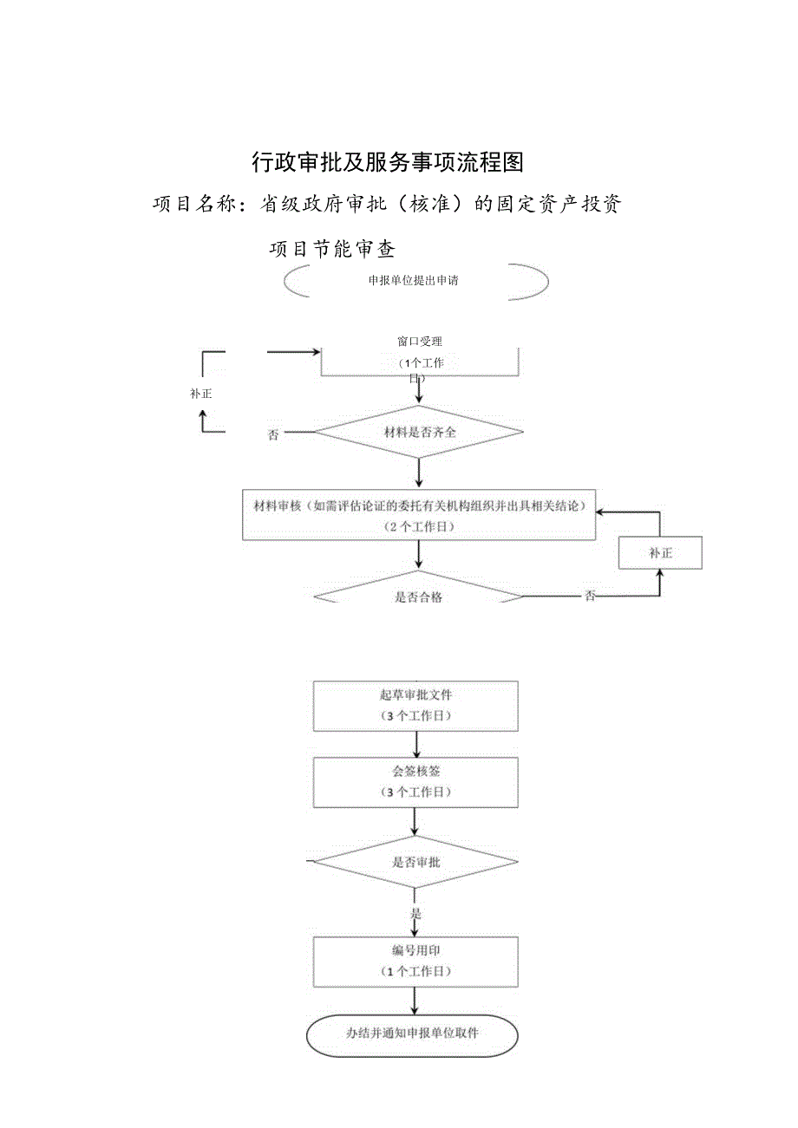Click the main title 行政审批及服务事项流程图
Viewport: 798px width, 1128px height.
[x=388, y=161]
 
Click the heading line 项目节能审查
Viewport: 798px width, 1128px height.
[x=332, y=250]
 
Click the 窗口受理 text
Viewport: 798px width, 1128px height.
[x=419, y=342]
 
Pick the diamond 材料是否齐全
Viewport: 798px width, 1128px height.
[x=419, y=432]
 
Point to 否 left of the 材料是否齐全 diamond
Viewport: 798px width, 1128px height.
[x=273, y=435]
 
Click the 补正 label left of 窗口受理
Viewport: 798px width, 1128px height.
[x=201, y=393]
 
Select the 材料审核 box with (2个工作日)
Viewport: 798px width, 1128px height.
[x=419, y=516]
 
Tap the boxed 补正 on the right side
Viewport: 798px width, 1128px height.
[x=660, y=552]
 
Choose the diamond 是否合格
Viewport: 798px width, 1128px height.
[x=418, y=594]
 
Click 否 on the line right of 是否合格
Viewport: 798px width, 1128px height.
[x=590, y=597]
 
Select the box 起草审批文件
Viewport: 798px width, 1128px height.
[x=416, y=705]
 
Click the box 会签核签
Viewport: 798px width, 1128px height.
[x=416, y=781]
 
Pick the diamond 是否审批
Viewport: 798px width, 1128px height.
[x=416, y=862]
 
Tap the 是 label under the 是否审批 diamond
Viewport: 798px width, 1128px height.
[x=415, y=913]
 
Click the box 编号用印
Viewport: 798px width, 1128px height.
[x=416, y=961]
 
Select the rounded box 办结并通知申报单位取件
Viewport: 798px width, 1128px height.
[x=413, y=1034]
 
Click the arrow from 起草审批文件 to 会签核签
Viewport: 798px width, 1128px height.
[x=417, y=744]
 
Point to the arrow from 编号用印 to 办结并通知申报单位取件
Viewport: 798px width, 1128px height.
[x=416, y=1001]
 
